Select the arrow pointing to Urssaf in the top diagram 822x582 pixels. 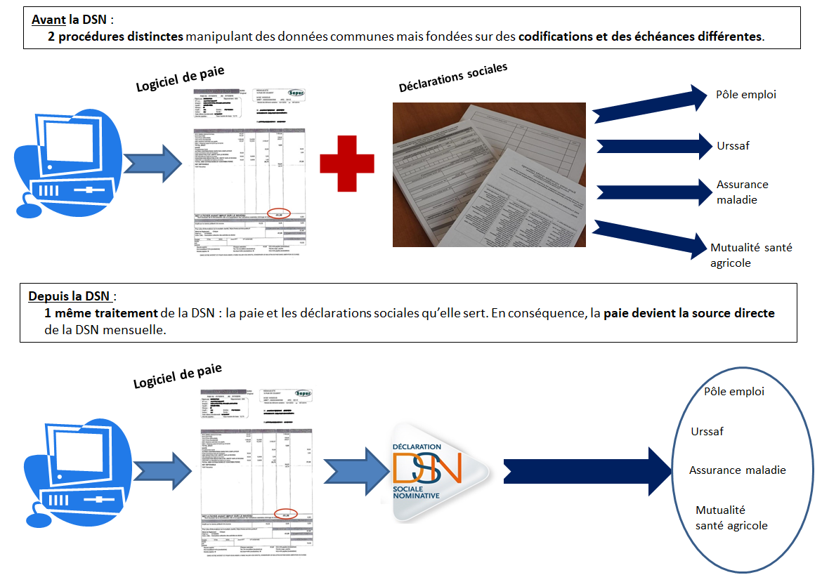(x=654, y=146)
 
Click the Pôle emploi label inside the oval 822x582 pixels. (x=733, y=392)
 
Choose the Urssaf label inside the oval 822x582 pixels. (x=707, y=432)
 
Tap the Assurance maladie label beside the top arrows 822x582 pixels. (x=742, y=192)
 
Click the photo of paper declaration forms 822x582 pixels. (x=489, y=175)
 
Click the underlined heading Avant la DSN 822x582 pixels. (x=68, y=20)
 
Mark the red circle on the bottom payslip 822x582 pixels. (x=286, y=514)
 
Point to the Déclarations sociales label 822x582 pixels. (x=452, y=77)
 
